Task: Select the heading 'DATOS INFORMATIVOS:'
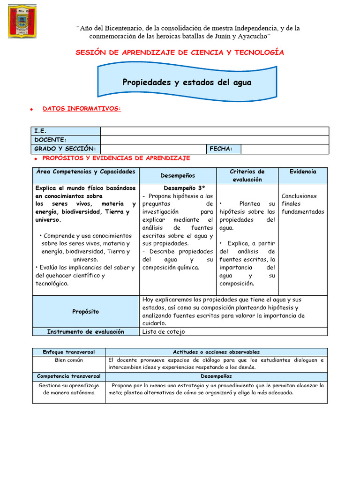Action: tap(82, 109)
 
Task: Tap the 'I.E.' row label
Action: tap(40, 131)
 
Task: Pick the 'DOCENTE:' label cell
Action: tap(50, 140)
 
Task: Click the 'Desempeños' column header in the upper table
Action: tap(178, 175)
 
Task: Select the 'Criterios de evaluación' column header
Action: tap(247, 175)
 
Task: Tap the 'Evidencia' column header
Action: tap(303, 172)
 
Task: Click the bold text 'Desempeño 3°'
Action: tap(178, 188)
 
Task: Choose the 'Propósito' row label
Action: tap(86, 311)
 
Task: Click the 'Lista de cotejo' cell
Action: tap(164, 331)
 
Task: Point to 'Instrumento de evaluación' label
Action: tap(86, 331)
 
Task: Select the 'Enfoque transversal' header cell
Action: tap(69, 352)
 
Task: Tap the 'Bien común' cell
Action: tap(69, 360)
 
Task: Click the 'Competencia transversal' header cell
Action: tap(69, 376)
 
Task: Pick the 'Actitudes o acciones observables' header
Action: tap(216, 352)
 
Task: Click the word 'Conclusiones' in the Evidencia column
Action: tap(299, 196)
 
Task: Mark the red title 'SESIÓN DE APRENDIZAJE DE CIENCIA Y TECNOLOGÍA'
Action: tap(180, 52)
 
